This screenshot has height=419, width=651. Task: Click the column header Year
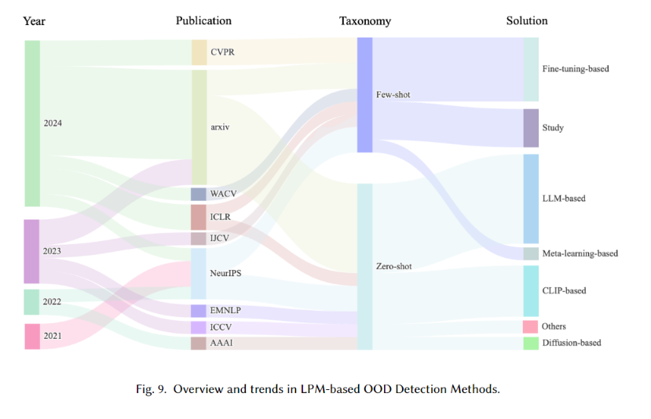coord(34,20)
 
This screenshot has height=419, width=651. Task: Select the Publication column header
coord(203,20)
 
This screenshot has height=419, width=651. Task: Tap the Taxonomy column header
coord(365,20)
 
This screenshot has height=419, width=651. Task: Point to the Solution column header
coord(527,20)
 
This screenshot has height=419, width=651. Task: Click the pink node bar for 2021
coord(31,336)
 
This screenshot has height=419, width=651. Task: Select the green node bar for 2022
coord(31,302)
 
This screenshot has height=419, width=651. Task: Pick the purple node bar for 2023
coord(31,251)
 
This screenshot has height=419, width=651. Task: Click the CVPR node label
coord(221,53)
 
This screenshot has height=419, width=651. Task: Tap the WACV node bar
coord(199,194)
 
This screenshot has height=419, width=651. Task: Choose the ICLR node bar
coord(199,217)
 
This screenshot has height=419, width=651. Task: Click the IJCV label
coord(220,239)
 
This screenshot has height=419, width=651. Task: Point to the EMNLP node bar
coord(199,311)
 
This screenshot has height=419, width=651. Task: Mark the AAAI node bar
coord(199,343)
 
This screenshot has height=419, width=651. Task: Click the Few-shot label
coord(393,95)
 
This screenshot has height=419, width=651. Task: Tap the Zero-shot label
coord(394,267)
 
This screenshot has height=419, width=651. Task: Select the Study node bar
coord(531,128)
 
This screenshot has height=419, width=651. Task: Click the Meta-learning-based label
coord(580,253)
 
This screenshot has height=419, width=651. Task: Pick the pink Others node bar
coord(531,326)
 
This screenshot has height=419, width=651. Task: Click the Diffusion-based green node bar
coord(531,343)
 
